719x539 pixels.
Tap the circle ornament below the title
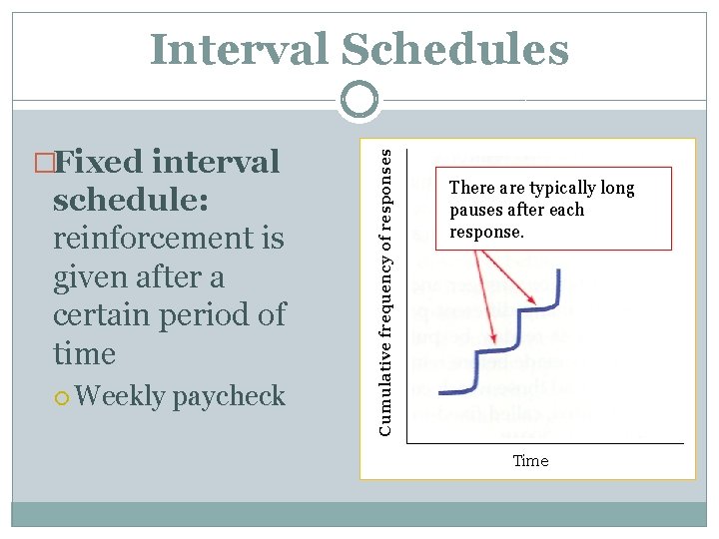(x=359, y=100)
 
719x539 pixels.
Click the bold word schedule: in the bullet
(x=131, y=200)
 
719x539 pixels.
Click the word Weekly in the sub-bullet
(x=120, y=396)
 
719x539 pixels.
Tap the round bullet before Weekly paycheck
(x=62, y=398)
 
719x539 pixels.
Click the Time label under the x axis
(x=530, y=460)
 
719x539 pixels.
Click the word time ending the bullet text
(x=84, y=353)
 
